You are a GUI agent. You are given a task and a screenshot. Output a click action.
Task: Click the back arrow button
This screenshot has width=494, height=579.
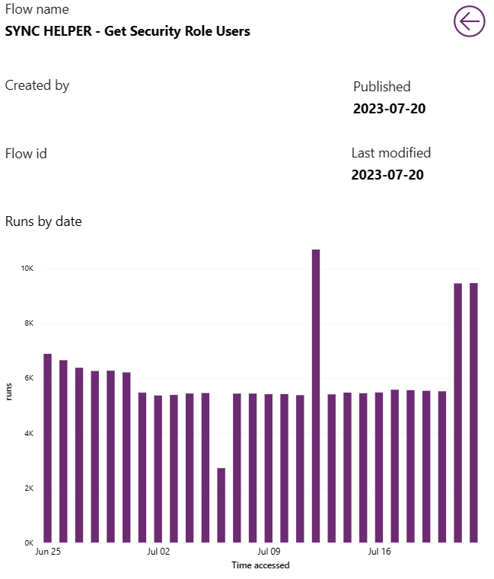click(x=469, y=21)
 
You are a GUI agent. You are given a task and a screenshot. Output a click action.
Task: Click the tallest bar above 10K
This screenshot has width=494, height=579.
click(x=316, y=396)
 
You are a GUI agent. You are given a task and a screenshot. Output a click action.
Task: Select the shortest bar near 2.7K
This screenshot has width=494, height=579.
click(x=221, y=505)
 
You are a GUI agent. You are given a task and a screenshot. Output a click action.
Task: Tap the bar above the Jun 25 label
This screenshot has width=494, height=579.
click(x=47, y=448)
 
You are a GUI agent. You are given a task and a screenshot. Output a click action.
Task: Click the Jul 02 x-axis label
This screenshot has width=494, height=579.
click(x=158, y=552)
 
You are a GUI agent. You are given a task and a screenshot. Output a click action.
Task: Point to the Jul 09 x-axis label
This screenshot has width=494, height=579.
click(x=269, y=552)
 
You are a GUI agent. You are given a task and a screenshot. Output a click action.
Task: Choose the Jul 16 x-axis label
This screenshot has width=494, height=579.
click(x=379, y=552)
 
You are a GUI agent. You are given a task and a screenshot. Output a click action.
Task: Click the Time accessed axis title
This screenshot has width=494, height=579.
click(x=260, y=565)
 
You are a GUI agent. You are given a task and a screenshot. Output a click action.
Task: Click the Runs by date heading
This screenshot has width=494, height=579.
click(x=43, y=221)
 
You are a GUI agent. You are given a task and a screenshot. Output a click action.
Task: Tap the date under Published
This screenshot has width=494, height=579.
click(x=389, y=108)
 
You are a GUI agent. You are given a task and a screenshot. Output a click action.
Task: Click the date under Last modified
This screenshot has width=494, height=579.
click(x=387, y=175)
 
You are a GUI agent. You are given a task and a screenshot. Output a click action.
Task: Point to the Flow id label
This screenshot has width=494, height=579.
click(x=26, y=153)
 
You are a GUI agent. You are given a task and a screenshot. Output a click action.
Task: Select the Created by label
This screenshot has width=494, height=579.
click(x=37, y=85)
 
